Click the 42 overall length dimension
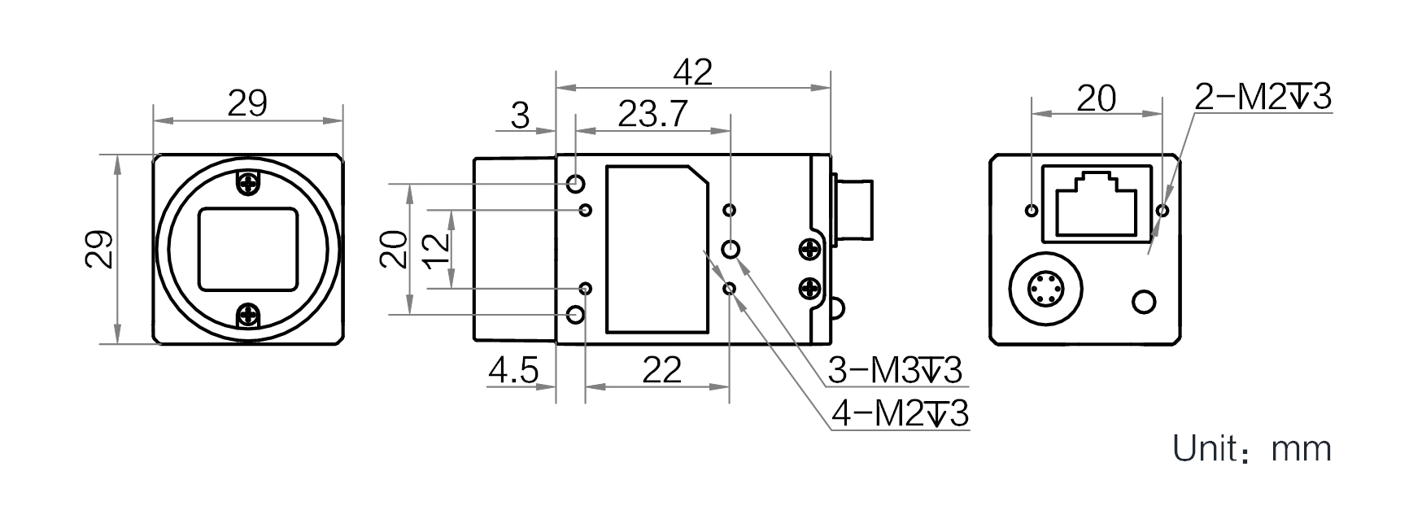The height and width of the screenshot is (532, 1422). [693, 72]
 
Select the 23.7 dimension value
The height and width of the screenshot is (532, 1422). [652, 115]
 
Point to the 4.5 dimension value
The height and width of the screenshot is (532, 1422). [513, 372]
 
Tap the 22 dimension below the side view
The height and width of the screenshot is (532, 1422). [661, 371]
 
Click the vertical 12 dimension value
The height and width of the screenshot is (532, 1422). [435, 249]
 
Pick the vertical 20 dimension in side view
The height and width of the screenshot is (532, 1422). [395, 249]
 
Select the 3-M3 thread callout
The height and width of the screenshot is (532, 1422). [895, 371]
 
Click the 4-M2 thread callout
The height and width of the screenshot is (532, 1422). [900, 414]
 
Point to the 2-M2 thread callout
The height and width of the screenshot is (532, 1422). [1263, 97]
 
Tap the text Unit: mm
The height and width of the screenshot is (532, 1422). [1252, 449]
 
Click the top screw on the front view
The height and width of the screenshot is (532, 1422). [248, 184]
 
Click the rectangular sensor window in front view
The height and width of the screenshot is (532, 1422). [248, 249]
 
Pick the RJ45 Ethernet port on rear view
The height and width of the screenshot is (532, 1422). [1097, 203]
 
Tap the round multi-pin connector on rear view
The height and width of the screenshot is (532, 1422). [1045, 287]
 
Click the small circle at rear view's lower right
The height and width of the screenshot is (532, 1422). [1144, 302]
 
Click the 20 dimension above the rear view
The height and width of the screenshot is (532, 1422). [1097, 98]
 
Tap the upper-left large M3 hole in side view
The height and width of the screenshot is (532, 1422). [577, 183]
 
